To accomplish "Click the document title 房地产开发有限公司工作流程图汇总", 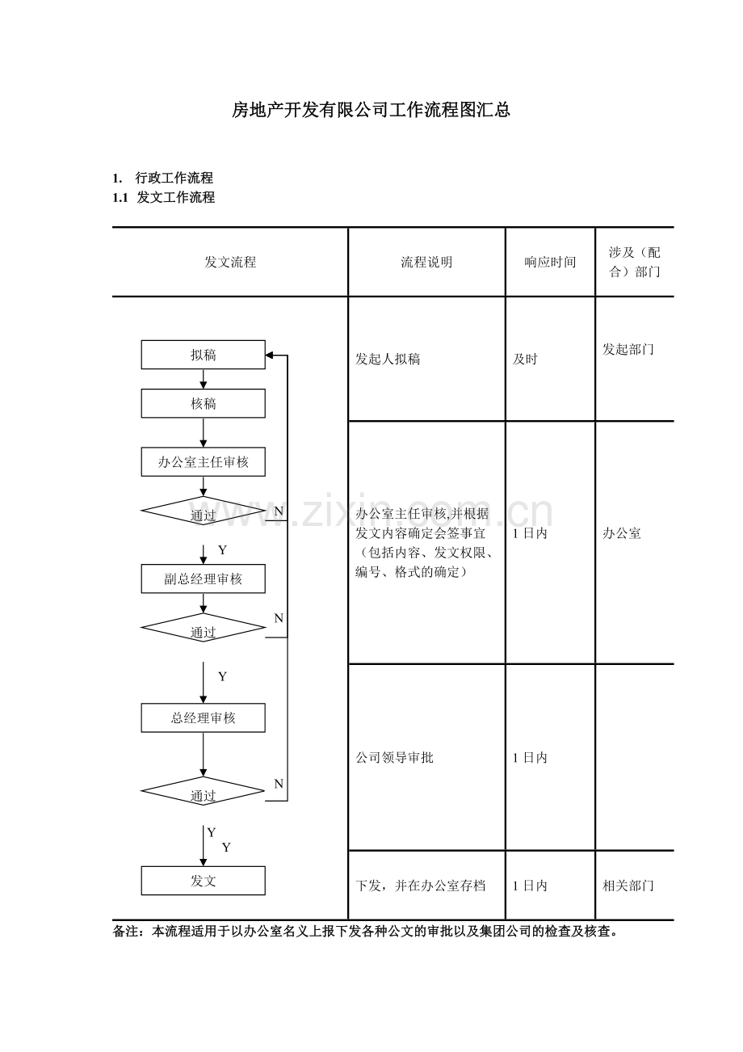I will click(x=371, y=110).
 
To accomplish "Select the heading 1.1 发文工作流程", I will click(x=164, y=197).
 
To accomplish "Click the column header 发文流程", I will click(x=230, y=262).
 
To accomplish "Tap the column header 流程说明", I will click(x=426, y=262).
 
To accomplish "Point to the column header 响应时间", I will click(x=550, y=262).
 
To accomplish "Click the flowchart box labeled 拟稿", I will click(x=203, y=355).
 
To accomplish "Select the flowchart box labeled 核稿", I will click(x=203, y=403).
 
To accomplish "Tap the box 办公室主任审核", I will click(x=203, y=462).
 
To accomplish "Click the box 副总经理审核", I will click(x=203, y=579).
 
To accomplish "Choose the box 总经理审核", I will click(x=203, y=717).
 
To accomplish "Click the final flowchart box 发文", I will click(x=203, y=881).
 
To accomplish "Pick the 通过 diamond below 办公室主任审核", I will click(x=203, y=511).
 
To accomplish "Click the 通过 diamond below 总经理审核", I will click(x=203, y=792).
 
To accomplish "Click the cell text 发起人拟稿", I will click(x=388, y=359).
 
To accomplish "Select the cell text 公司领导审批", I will click(x=394, y=757).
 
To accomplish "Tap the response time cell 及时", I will click(x=525, y=359).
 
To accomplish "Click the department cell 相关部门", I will click(x=628, y=886).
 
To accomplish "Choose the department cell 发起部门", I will click(x=628, y=349).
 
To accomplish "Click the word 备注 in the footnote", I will click(x=125, y=932).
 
